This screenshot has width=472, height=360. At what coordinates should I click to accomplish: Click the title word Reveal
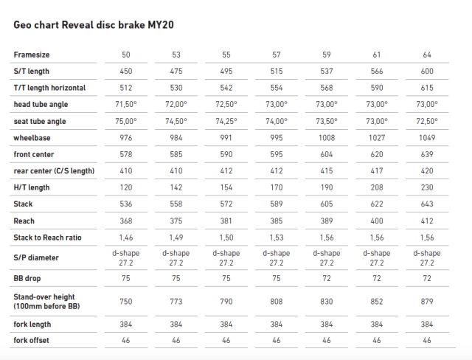[x=77, y=24]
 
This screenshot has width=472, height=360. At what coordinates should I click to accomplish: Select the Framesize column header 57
[x=277, y=55]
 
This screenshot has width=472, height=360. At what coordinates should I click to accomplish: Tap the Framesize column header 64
[x=427, y=55]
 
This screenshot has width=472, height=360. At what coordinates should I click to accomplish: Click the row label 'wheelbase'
[x=32, y=138]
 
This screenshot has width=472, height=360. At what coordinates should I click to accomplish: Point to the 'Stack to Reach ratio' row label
[x=47, y=238]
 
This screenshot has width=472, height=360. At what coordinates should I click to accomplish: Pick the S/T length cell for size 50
[x=126, y=71]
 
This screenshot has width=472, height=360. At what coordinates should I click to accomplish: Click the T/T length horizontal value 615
[x=427, y=88]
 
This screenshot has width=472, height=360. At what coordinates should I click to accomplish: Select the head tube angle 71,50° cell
[x=126, y=105]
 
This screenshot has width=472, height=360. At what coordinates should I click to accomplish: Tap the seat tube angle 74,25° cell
[x=226, y=121]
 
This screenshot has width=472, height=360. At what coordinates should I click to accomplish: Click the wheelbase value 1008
[x=327, y=138]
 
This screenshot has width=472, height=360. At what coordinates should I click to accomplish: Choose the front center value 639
[x=427, y=154]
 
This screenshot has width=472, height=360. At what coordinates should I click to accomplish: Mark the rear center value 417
[x=377, y=171]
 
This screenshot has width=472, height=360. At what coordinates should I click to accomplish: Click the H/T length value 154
[x=226, y=187]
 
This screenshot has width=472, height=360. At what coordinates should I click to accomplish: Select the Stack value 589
[x=277, y=204]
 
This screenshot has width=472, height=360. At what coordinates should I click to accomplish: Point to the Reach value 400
[x=377, y=221]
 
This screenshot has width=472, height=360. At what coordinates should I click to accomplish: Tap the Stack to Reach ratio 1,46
[x=126, y=238]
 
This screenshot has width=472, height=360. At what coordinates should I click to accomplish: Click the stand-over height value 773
[x=176, y=302]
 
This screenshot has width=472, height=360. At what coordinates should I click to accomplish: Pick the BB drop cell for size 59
[x=327, y=278]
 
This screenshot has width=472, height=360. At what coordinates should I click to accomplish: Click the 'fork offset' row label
[x=31, y=340]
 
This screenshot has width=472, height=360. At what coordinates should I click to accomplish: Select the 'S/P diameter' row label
[x=36, y=257]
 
